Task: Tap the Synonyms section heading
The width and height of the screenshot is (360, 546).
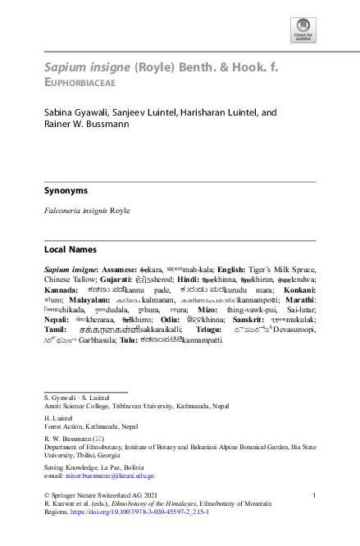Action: pyautogui.click(x=66, y=190)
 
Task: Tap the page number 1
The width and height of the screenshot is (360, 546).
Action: pyautogui.click(x=316, y=494)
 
